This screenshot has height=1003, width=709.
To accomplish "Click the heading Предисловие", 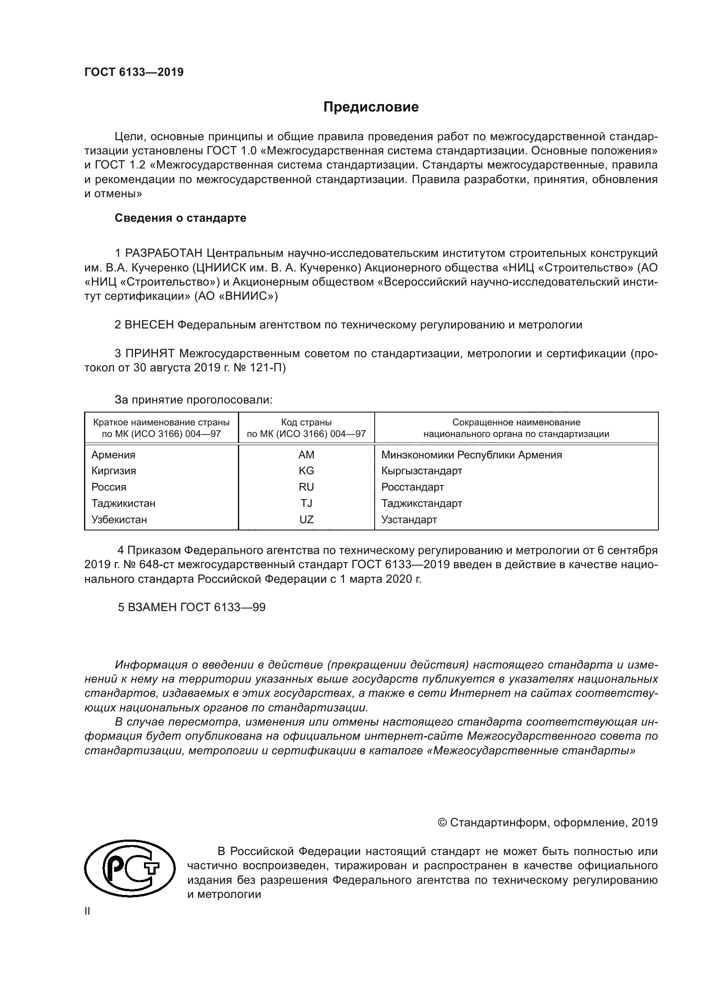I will click(x=371, y=107).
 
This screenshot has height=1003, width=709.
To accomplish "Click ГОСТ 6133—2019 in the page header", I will click(x=134, y=72).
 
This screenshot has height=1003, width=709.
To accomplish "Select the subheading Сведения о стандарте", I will click(x=180, y=218).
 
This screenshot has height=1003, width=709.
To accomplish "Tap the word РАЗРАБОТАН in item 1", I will click(x=164, y=253).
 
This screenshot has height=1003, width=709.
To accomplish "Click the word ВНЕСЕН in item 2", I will click(x=149, y=325).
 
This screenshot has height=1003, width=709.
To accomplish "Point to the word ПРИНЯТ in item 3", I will click(x=150, y=353).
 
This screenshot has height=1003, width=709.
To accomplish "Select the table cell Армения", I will click(x=113, y=455).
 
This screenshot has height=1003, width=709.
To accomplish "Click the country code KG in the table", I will click(x=306, y=470).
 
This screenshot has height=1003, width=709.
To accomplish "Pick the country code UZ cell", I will click(x=306, y=519).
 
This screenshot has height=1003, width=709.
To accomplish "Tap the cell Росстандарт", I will click(x=412, y=487).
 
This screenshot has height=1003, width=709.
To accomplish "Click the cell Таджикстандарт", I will click(x=421, y=503).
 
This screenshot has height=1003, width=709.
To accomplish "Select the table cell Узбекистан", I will click(x=119, y=519).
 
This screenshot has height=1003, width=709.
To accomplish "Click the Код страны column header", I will click(x=306, y=422).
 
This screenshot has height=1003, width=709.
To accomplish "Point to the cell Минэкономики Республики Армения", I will click(x=471, y=455).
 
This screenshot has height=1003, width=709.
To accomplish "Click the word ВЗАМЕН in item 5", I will click(x=152, y=607).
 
